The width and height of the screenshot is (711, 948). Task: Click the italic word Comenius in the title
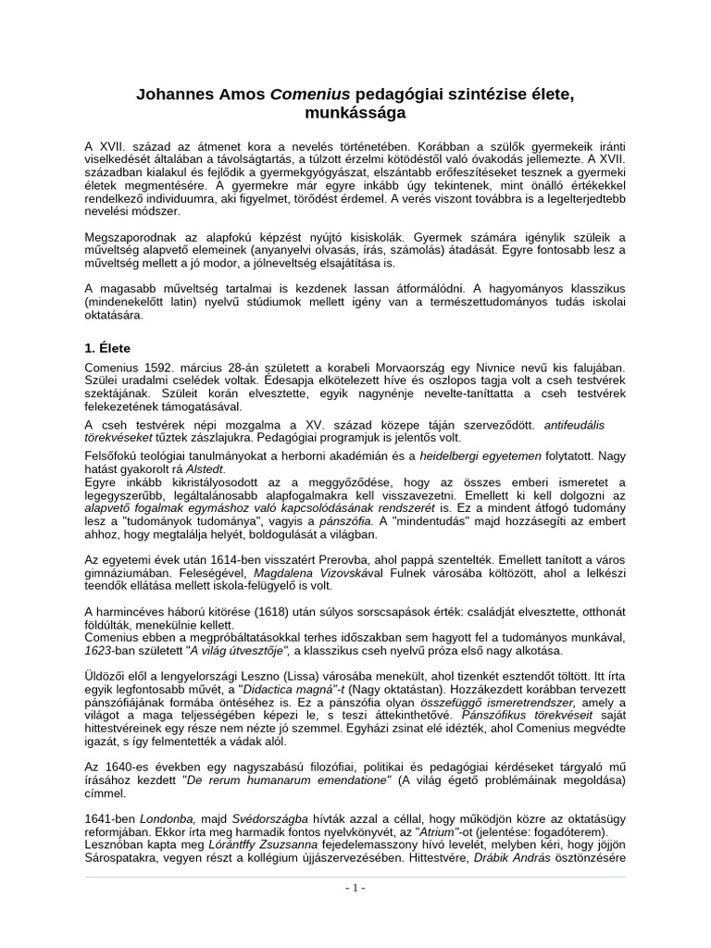click(x=305, y=94)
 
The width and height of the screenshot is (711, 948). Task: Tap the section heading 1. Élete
click(x=108, y=348)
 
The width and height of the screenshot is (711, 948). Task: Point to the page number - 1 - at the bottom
click(x=355, y=888)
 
